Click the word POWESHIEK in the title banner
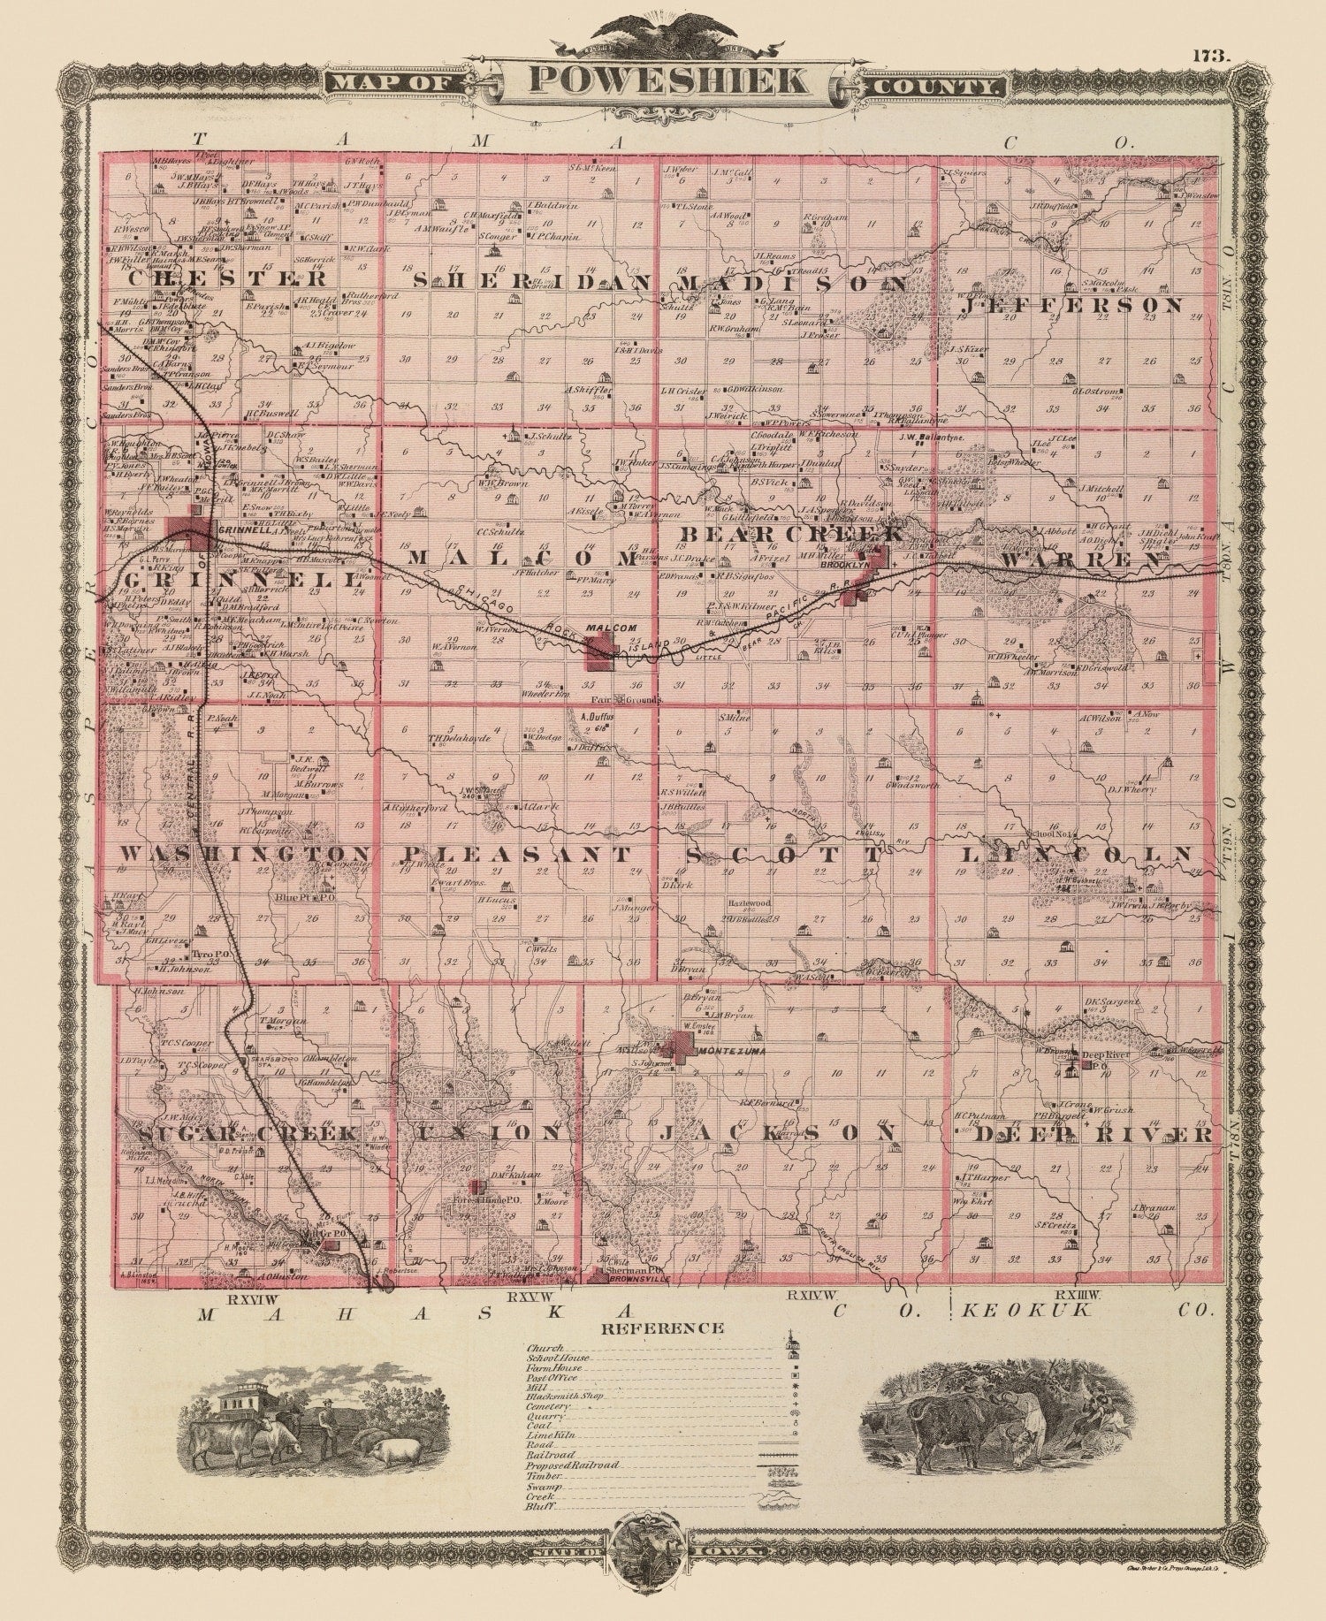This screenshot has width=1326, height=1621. pyautogui.click(x=667, y=80)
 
